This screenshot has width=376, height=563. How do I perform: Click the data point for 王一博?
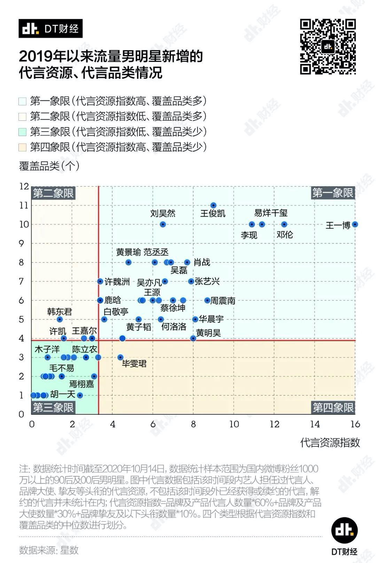[355, 225]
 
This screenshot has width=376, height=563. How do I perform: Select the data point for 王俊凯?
[213, 205]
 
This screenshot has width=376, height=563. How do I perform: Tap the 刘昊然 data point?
[163, 225]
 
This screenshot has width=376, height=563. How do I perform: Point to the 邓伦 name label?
[285, 235]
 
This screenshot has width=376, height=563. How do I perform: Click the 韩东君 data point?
[60, 319]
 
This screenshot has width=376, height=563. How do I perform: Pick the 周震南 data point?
[207, 300]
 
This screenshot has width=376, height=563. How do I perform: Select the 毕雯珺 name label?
[134, 364]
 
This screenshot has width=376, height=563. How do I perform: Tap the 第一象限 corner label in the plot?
[332, 193]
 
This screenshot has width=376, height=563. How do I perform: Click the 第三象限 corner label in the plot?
[53, 407]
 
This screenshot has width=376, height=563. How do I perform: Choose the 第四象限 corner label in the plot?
[333, 407]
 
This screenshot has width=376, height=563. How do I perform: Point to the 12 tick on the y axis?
[24, 186]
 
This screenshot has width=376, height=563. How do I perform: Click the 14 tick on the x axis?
[315, 424]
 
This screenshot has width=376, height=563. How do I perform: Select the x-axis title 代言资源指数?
[330, 443]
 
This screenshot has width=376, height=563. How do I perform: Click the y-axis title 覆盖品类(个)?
[49, 166]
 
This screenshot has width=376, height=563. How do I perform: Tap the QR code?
[328, 47]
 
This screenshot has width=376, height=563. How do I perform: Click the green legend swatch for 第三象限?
[23, 132]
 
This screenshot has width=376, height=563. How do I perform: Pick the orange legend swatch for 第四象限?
[23, 147]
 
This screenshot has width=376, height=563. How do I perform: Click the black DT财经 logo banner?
[50, 29]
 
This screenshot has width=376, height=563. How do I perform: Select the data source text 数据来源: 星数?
[49, 550]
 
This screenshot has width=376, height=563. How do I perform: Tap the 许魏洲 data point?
[100, 281]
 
